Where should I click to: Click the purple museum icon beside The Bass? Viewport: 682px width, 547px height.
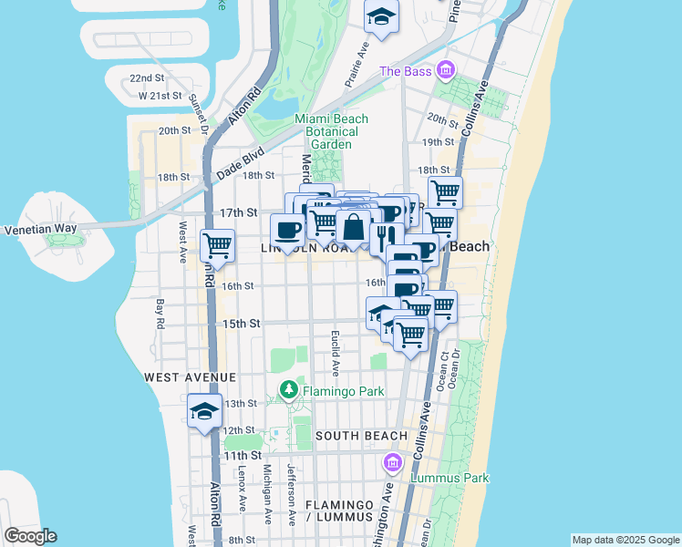pyautogui.click(x=445, y=69)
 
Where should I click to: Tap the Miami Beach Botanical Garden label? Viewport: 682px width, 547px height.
pyautogui.click(x=331, y=131)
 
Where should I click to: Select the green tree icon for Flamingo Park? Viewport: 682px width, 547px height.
pyautogui.click(x=289, y=391)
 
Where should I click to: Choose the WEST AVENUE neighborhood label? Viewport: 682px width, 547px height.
pyautogui.click(x=189, y=377)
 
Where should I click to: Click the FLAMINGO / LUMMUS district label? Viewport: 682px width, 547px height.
pyautogui.click(x=339, y=511)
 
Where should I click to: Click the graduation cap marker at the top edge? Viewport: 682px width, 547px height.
pyautogui.click(x=381, y=15)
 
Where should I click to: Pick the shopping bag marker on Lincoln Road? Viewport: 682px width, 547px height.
pyautogui.click(x=353, y=226)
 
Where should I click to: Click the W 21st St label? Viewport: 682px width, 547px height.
pyautogui.click(x=156, y=96)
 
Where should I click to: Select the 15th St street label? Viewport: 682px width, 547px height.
pyautogui.click(x=242, y=324)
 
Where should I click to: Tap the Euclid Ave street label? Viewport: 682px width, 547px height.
pyautogui.click(x=335, y=353)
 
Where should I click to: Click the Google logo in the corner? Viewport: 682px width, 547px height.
pyautogui.click(x=30, y=536)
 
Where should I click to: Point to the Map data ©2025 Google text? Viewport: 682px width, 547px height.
pyautogui.click(x=625, y=540)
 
